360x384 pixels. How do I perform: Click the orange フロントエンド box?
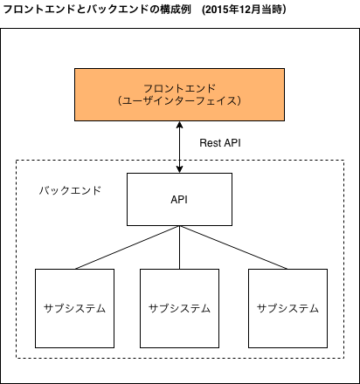tap(179, 94)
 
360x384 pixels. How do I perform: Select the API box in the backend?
tap(179, 199)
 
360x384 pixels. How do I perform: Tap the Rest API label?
tap(220, 143)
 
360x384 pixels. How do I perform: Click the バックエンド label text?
tap(70, 190)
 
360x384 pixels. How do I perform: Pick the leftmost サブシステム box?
tap(74, 308)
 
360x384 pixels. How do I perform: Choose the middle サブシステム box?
tap(179, 308)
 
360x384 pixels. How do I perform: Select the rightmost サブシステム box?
tap(287, 308)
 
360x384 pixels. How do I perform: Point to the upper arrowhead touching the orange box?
tap(180, 125)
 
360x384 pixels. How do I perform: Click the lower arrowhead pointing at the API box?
tap(180, 169)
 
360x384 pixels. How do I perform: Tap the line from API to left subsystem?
tap(128, 247)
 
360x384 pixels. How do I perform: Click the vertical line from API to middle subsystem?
tap(179, 247)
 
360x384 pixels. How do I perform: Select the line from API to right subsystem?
tap(233, 247)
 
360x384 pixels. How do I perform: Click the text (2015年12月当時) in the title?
tap(245, 10)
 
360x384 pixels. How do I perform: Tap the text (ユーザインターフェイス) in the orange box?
tap(179, 101)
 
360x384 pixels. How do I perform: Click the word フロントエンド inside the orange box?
tap(179, 88)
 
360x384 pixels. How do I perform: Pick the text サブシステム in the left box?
tap(74, 308)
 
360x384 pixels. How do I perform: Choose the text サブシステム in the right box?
tap(287, 308)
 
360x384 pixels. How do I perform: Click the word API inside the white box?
tap(179, 200)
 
